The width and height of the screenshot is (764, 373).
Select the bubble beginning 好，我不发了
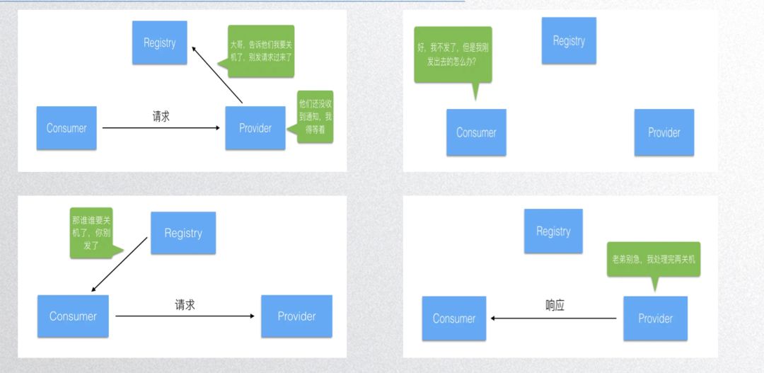[452, 54]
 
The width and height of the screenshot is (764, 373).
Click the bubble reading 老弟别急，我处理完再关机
[653, 259]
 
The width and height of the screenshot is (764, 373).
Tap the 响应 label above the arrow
[555, 306]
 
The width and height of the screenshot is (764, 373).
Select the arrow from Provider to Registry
[219, 74]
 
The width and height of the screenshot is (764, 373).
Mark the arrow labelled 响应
[554, 319]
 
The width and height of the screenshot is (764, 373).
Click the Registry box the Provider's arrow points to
[159, 43]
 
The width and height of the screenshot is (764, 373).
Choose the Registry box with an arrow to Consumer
[183, 233]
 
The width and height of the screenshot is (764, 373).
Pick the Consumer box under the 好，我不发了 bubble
[476, 132]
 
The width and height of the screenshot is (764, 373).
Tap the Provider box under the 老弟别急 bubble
[655, 319]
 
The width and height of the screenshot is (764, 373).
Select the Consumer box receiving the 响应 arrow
[454, 319]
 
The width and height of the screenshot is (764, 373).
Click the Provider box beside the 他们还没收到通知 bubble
[255, 128]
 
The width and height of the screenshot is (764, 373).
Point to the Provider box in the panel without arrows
[664, 132]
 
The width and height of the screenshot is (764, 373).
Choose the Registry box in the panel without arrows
[569, 41]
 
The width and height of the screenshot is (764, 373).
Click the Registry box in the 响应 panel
[553, 231]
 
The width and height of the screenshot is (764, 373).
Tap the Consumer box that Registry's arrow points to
[73, 316]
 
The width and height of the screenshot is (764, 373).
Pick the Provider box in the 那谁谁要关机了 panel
[296, 316]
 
